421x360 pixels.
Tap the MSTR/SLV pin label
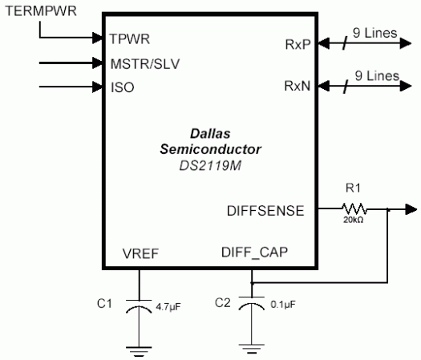click(x=145, y=63)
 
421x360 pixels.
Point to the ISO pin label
click(x=123, y=87)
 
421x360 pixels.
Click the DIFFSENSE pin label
click(x=266, y=211)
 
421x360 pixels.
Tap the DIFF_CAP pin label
click(x=254, y=253)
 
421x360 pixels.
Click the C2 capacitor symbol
click(x=253, y=305)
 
